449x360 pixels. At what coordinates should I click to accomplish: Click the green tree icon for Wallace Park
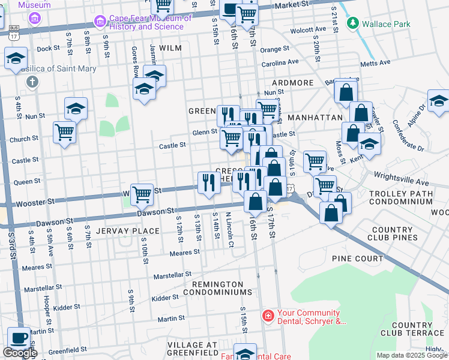point(352,24)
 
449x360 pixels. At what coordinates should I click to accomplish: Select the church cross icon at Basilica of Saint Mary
point(32,82)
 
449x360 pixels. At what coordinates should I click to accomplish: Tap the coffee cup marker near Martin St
point(18,338)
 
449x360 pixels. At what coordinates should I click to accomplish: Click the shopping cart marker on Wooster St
point(142,194)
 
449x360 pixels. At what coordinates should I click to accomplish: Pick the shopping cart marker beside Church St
point(64,133)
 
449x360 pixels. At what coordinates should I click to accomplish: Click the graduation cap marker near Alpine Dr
point(439,101)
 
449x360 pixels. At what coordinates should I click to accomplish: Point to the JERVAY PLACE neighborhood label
point(127,231)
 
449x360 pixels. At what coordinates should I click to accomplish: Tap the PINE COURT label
point(357,259)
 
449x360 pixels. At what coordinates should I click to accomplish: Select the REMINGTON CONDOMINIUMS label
point(217,288)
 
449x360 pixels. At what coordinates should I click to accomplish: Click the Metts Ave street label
point(375,62)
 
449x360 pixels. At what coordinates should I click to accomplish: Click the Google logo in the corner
point(20,353)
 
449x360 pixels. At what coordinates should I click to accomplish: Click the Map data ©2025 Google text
point(411,355)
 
